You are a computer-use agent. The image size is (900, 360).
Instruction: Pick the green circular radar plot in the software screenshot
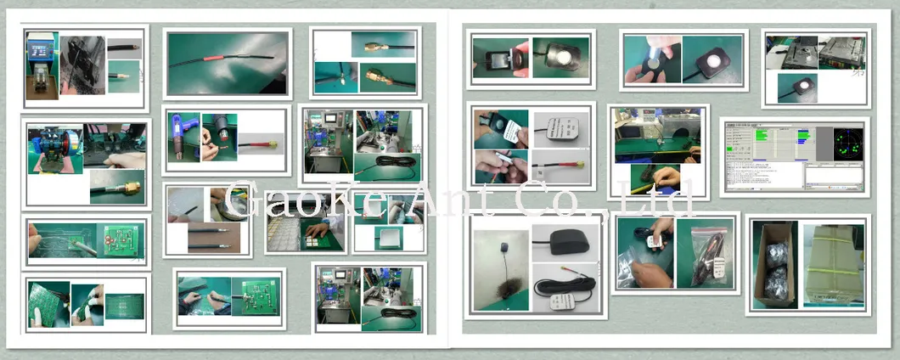pos(843,144)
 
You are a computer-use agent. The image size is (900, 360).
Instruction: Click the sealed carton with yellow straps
pos(833,264)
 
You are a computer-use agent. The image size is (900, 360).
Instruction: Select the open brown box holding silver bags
pos(774,264)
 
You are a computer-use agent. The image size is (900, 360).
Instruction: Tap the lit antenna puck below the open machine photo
pos(797,87)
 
